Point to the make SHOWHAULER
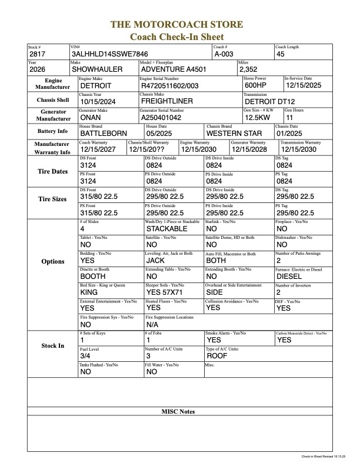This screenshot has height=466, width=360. (97, 69)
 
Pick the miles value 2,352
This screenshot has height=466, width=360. (249, 69)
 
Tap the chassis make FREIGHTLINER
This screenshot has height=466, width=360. (168, 101)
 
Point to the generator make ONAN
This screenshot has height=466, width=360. (92, 117)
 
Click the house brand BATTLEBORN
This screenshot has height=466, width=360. (103, 134)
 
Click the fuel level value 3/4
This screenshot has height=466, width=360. (85, 356)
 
